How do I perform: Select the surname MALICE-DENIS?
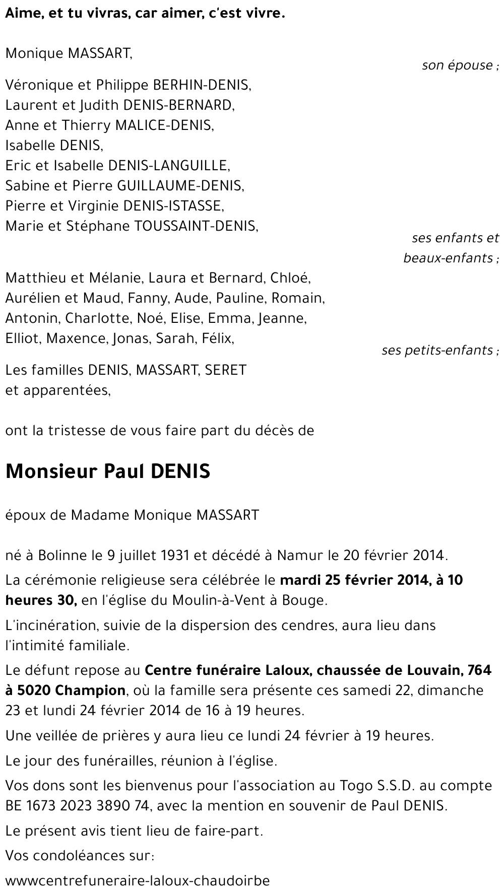point(164,125)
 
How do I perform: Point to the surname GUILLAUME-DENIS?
point(180,186)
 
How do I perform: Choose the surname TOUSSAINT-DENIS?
point(196,226)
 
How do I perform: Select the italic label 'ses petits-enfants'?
point(437,350)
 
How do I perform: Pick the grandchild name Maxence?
point(76,338)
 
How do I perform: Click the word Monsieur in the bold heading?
point(51,471)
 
